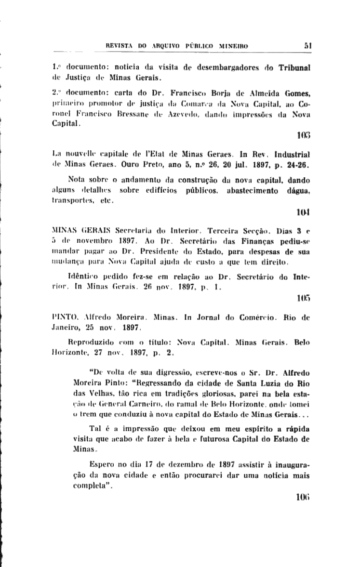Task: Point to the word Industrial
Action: (291, 155)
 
